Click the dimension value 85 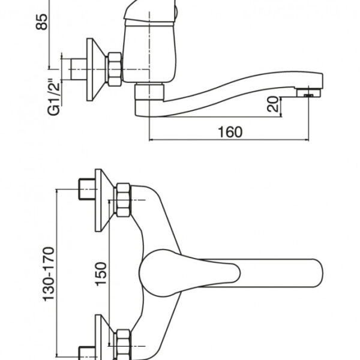(42, 22)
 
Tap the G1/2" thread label (54, 97)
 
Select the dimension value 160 (230, 132)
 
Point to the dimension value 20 (273, 104)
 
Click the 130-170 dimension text (49, 274)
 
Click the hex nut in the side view (115, 70)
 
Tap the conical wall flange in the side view (96, 70)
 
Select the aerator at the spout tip (308, 93)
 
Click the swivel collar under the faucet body (149, 92)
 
